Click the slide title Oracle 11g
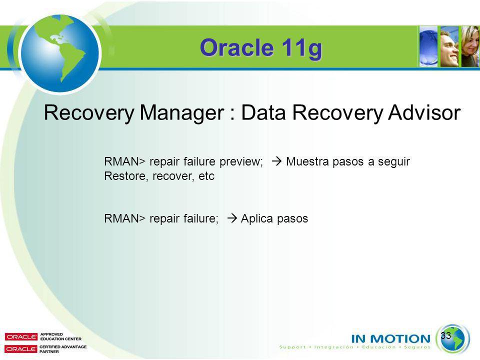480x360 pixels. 261,48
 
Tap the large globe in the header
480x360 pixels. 60,53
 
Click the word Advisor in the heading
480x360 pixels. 424,112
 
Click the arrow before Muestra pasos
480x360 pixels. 276,161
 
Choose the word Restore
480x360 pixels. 125,176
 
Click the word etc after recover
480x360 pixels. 206,176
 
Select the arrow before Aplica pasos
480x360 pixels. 232,218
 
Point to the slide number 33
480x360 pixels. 446,336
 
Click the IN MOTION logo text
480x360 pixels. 391,339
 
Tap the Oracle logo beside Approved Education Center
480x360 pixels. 21,336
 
